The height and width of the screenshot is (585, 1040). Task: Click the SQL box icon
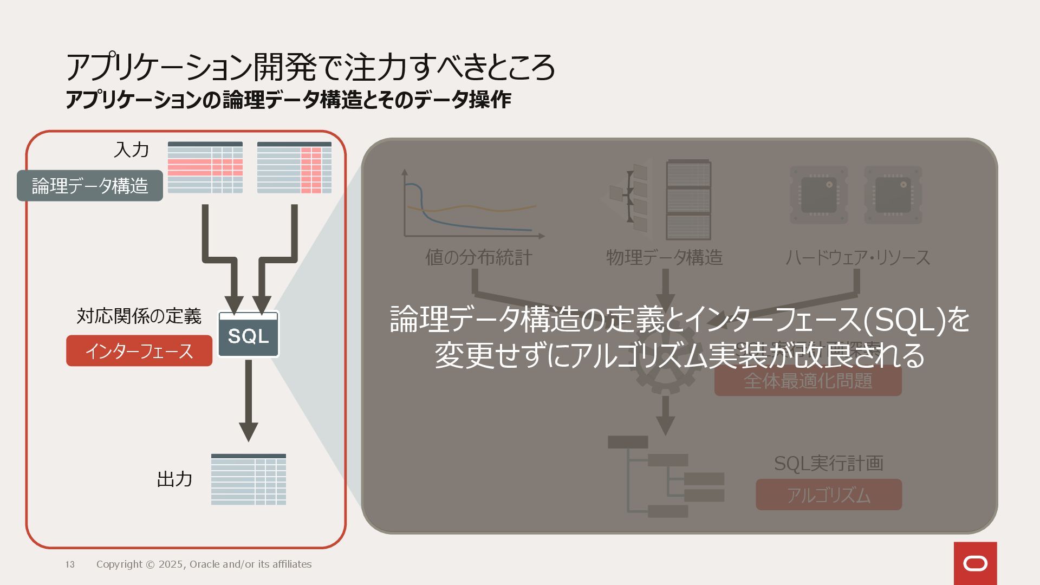249,334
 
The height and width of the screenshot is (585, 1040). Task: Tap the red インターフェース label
139,351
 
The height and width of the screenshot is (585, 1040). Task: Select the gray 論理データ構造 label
90,186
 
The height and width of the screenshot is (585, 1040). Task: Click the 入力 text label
131,150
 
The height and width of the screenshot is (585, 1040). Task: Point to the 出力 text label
174,479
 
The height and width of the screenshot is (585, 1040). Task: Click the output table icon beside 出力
249,479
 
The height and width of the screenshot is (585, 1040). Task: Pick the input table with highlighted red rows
205,167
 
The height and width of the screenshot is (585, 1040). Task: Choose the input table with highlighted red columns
294,167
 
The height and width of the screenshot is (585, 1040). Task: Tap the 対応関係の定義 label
139,316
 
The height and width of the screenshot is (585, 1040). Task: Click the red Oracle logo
975,563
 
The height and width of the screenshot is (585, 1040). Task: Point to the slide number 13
70,564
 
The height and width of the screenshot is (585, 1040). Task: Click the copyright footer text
204,564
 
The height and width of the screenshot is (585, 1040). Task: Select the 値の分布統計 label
478,257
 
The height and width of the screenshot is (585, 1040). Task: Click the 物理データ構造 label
664,257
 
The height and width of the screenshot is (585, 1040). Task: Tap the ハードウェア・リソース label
857,257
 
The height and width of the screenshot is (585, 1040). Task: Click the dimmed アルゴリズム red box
829,495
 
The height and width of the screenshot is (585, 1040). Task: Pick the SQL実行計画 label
828,463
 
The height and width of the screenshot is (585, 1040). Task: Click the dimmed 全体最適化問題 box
808,381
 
